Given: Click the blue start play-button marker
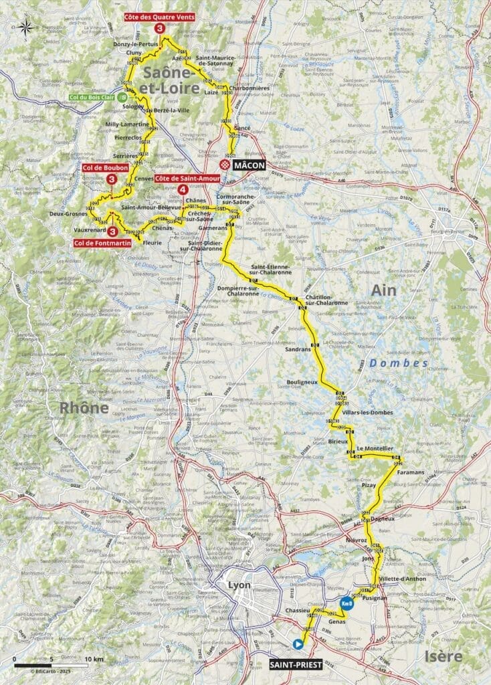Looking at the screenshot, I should pyautogui.click(x=298, y=644).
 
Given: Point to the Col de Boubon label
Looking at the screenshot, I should pyautogui.click(x=106, y=167).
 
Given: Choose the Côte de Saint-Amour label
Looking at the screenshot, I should pyautogui.click(x=182, y=179).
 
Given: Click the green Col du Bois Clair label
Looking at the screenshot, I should pyautogui.click(x=93, y=97).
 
